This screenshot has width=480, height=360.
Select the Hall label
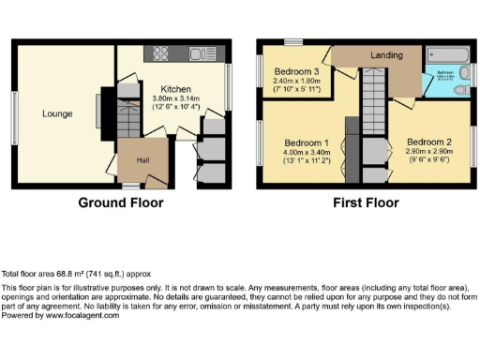[142, 161]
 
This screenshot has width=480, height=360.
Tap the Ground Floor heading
[120, 202]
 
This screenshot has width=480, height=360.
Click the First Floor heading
[366, 202]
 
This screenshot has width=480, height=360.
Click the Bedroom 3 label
[296, 72]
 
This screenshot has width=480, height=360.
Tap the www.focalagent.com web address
[79, 316]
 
